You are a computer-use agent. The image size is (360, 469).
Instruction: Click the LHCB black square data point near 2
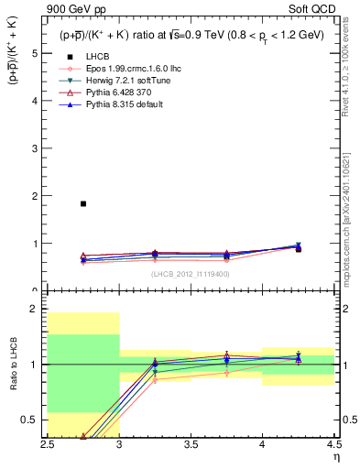[x=83, y=203]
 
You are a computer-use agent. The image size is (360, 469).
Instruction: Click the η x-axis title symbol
[x=335, y=455]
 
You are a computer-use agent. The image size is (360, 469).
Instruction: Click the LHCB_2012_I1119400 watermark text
[x=191, y=274]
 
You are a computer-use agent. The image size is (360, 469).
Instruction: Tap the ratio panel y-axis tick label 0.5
[x=32, y=420]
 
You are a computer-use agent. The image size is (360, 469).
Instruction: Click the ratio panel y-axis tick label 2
[x=35, y=309]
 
